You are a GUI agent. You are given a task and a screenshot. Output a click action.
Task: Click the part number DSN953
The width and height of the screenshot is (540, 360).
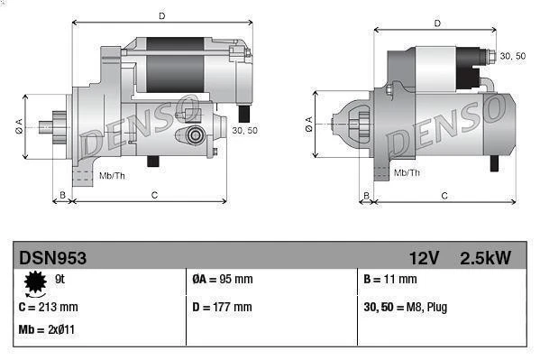point(53,258)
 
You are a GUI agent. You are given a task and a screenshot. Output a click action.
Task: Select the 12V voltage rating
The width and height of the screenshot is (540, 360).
point(422,258)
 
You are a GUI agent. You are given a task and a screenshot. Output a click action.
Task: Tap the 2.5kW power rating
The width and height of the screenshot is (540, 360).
point(485,258)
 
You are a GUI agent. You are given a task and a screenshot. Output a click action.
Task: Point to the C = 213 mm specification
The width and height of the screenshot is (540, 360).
point(48,307)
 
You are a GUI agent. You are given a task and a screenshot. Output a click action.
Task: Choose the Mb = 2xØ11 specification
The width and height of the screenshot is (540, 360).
point(46,329)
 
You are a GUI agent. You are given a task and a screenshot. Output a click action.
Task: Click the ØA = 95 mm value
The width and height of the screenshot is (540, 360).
point(223,280)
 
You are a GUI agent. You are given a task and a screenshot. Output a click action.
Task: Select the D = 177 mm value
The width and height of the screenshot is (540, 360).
point(223,307)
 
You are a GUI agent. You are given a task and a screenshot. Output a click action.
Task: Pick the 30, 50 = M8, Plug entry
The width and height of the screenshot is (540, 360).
point(405,307)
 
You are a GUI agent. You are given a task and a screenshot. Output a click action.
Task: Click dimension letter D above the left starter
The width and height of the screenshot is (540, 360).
point(161,16)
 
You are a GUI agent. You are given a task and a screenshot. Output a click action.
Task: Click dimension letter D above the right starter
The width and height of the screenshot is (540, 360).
point(436,23)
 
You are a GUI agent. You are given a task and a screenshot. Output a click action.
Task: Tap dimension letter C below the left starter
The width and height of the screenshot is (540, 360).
point(154,194)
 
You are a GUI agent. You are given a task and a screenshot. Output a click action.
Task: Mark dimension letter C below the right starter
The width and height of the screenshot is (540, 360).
point(444,194)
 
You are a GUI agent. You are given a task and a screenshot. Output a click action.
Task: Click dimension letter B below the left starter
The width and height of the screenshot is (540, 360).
point(61,194)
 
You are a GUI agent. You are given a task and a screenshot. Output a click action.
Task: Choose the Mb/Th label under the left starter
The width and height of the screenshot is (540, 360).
point(113,175)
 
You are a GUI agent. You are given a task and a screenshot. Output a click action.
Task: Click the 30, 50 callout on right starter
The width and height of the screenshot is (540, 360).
point(512,56)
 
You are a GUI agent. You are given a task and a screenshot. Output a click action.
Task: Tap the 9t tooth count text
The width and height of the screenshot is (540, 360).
point(60,279)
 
